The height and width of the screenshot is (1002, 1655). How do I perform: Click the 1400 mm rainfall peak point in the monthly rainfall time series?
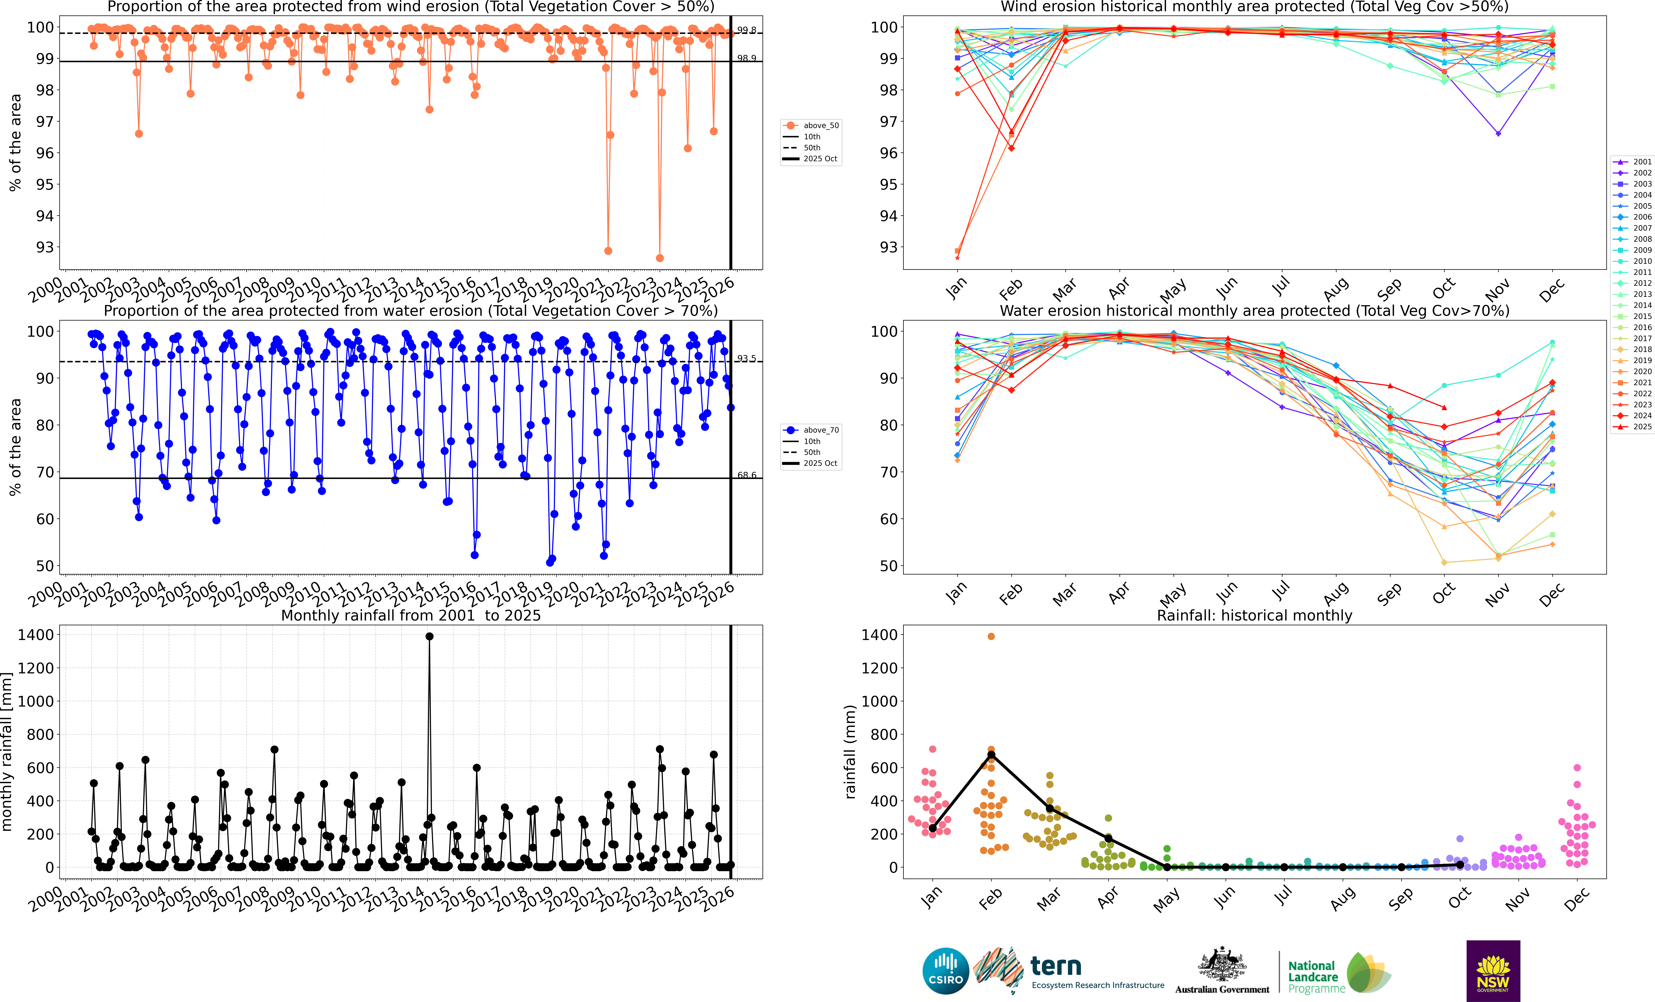[x=429, y=636]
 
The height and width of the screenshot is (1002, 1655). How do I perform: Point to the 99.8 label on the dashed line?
[x=746, y=30]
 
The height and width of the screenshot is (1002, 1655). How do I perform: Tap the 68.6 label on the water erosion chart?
[x=746, y=475]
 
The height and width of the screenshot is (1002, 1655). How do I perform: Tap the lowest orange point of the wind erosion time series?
[x=660, y=258]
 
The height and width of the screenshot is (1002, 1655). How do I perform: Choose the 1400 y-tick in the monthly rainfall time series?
[x=40, y=635]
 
